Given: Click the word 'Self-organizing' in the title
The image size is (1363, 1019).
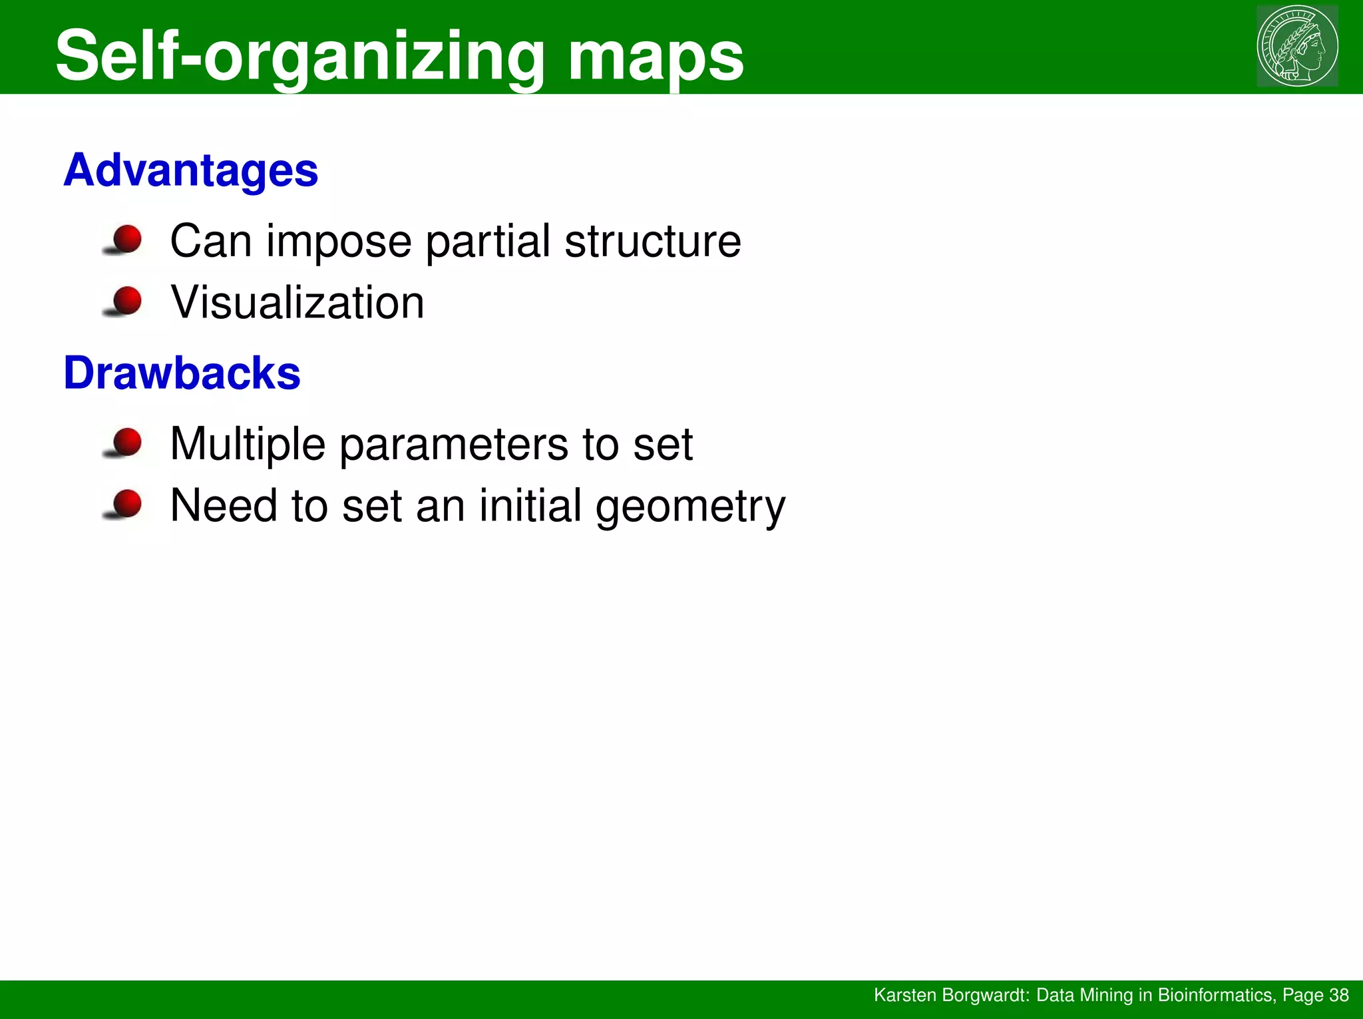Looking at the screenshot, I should click(299, 57).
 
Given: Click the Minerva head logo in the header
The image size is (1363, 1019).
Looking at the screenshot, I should click(1297, 46).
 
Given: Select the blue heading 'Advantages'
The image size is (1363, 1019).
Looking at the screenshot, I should click(191, 170).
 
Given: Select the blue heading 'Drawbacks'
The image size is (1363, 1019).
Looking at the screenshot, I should click(182, 373).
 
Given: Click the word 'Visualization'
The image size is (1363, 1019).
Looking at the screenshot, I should click(297, 303).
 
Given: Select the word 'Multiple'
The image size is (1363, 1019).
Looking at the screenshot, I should click(248, 445).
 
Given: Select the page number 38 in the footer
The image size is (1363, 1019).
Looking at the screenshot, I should click(1338, 995).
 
